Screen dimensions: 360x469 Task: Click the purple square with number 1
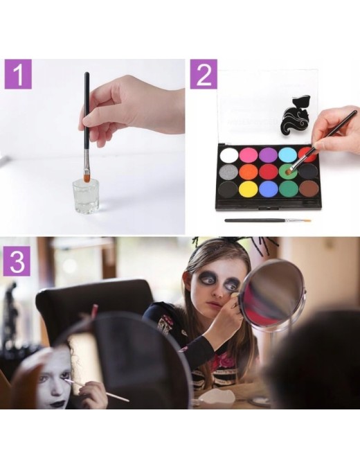[18, 74]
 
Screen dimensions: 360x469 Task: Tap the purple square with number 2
[204, 74]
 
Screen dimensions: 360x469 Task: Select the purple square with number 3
[17, 260]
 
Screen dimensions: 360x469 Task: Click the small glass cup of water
[86, 193]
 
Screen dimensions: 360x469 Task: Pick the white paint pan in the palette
[228, 155]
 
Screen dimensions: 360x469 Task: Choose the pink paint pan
[248, 154]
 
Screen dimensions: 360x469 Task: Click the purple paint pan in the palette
[268, 154]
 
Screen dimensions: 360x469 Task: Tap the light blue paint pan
[287, 154]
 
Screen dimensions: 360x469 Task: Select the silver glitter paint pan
[228, 171]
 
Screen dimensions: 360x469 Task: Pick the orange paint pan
[248, 171]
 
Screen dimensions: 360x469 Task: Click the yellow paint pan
[248, 188]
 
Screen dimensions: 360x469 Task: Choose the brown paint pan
[309, 188]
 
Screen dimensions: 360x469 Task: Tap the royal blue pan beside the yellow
[268, 188]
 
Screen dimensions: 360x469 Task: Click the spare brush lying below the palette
[268, 221]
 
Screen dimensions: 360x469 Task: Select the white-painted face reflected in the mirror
[55, 379]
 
